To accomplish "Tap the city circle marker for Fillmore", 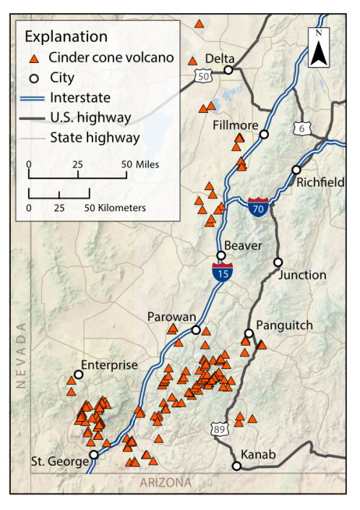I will [x=265, y=135].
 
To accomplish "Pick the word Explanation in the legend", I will [x=66, y=36].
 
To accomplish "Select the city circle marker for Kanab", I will [x=236, y=467].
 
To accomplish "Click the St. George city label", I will [x=59, y=462].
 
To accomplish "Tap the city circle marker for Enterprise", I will [x=78, y=375].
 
